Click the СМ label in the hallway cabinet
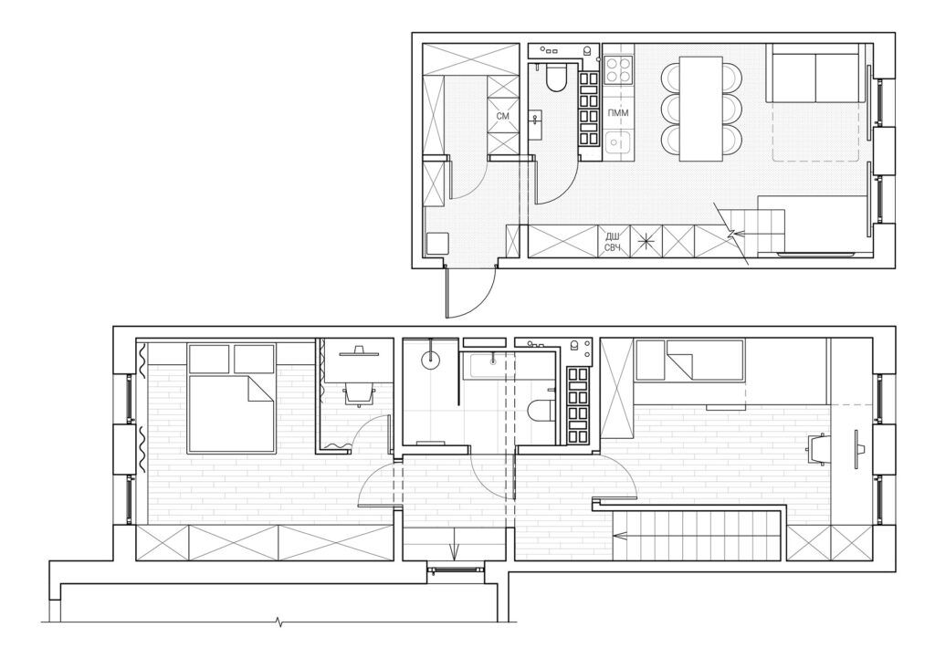[503, 116]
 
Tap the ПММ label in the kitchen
[618, 112]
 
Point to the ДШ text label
[612, 236]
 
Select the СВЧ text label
[613, 248]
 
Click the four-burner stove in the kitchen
[618, 69]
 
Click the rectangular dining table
[701, 109]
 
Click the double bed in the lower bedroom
[232, 398]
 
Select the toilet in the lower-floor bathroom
[541, 411]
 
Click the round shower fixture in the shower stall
[430, 359]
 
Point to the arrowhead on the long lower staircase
[620, 536]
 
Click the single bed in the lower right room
[690, 361]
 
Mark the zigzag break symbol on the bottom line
[279, 623]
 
